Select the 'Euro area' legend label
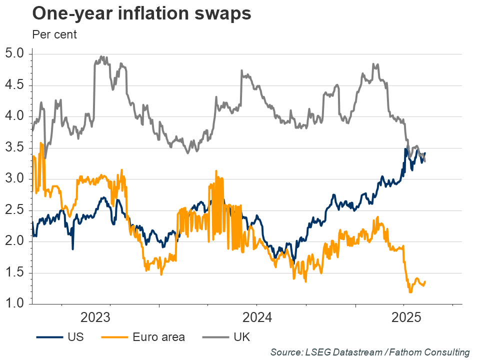(x=159, y=337)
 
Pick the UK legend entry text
(x=241, y=337)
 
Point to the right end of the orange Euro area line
(x=425, y=282)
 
